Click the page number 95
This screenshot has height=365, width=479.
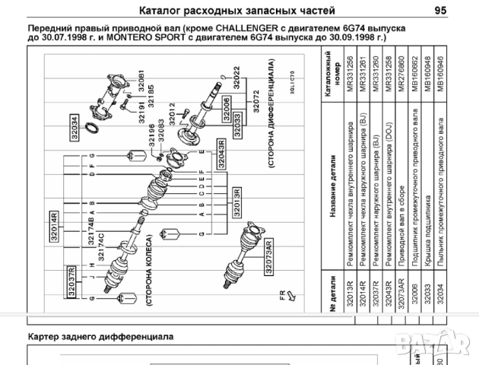440,10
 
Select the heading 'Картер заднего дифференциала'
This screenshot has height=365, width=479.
100,335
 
